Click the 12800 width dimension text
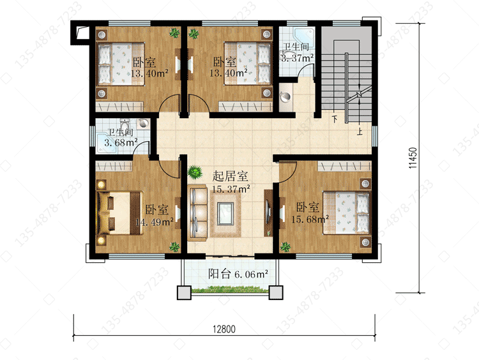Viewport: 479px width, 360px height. pos(224,329)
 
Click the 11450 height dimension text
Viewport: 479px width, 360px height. pos(413,158)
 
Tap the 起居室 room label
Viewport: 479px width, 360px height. pos(230,176)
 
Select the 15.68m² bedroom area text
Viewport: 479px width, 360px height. pos(310,219)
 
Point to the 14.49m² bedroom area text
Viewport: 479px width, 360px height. pos(155,221)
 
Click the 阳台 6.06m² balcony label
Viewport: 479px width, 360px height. pos(238,274)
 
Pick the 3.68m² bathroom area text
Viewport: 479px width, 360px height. pos(121,142)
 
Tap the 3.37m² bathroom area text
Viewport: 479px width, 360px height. pos(297,57)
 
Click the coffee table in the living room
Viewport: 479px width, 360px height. pos(225,213)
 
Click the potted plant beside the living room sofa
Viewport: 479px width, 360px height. pos(195,172)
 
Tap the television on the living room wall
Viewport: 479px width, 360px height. pos(268,212)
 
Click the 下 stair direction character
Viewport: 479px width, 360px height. pos(335,119)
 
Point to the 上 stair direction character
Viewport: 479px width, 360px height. pos(360,131)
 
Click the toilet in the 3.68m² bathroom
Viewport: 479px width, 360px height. pos(125,124)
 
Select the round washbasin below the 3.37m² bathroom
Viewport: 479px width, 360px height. pos(285,97)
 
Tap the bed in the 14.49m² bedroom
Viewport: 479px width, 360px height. pos(120,213)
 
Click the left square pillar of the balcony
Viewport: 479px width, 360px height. pos(184,292)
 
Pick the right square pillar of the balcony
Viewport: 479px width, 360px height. pos(276,292)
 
